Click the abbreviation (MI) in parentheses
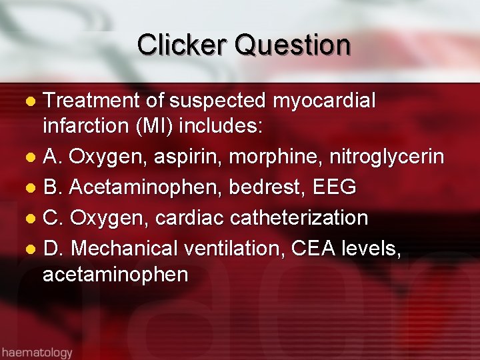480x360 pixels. [158, 125]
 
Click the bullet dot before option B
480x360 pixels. [30, 189]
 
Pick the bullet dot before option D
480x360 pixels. [30, 250]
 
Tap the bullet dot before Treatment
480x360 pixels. [30, 102]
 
